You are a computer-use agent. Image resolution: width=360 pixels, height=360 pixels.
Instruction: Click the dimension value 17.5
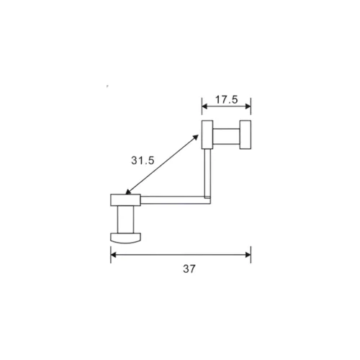225,100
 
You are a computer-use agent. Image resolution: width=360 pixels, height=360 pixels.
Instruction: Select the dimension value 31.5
142,161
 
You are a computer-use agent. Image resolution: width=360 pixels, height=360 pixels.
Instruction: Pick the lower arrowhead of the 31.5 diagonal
127,193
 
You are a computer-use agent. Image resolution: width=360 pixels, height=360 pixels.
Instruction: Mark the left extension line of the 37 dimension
110,253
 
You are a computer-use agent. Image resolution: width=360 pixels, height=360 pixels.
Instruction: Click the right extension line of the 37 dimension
251,253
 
